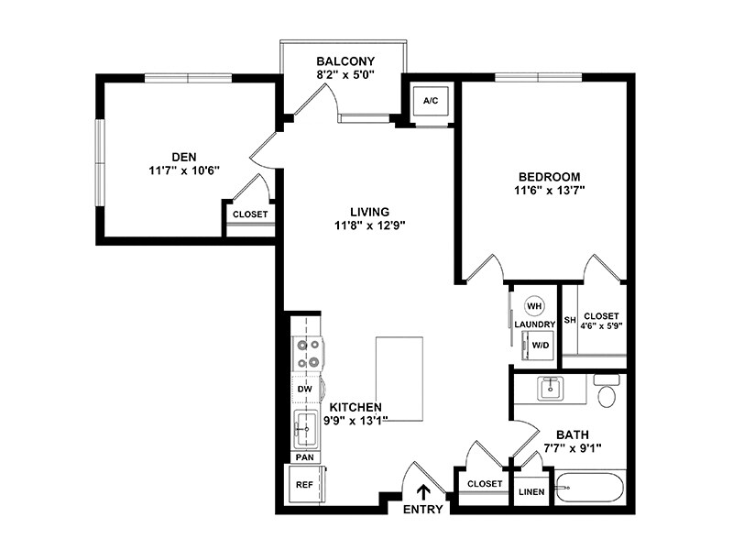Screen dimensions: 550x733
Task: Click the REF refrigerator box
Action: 303,484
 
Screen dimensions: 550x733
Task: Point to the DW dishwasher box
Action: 305,390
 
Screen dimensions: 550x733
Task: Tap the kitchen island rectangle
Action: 399,379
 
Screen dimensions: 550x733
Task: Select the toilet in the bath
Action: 607,392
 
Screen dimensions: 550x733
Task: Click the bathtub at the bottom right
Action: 590,487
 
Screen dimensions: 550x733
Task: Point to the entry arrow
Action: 422,492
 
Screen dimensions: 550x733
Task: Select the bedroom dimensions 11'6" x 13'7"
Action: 550,191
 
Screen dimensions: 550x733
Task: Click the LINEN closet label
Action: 531,491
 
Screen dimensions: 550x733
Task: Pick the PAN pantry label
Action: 304,456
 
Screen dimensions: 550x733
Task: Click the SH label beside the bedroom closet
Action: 569,320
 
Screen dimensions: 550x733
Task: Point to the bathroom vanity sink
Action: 551,388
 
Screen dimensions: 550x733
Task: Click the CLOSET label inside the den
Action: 250,214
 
